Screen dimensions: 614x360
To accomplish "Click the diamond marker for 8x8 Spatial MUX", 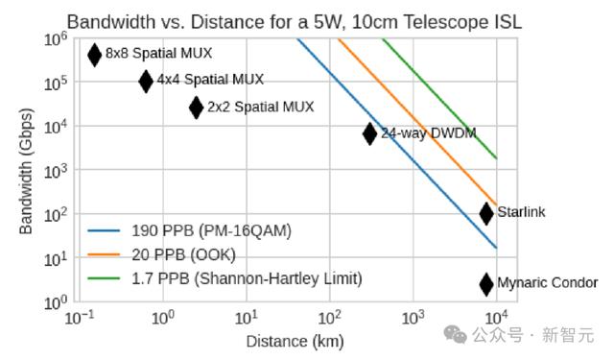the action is pos(94,55).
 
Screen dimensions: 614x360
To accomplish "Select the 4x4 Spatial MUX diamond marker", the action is pos(146,82).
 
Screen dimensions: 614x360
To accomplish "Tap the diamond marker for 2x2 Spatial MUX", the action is pos(196,108).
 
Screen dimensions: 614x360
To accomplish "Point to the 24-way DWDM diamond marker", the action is pos(369,133).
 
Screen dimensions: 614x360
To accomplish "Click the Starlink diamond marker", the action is pos(486,213).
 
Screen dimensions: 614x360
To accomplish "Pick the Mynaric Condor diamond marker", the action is pos(486,284).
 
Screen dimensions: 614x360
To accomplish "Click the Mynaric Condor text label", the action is pos(548,282).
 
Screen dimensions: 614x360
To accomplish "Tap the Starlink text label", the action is pos(521,212).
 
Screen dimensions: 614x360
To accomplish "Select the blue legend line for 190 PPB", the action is pos(104,230).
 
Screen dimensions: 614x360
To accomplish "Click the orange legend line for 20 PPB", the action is pos(104,254).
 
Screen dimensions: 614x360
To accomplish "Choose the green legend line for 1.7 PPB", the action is pos(104,278).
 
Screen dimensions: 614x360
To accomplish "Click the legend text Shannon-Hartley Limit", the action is pos(278,278).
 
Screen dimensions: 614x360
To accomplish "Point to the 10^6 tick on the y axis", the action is pos(56,39).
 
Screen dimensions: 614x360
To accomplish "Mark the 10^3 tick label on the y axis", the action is pos(56,171).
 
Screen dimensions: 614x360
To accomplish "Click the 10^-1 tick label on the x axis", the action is pos(80,318).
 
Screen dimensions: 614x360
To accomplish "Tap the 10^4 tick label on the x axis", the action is pos(496,318).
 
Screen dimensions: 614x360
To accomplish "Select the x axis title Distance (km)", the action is pos(295,342).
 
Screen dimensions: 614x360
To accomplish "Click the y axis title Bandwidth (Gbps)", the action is pos(26,171).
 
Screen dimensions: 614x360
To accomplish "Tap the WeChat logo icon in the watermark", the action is pos(455,334).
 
